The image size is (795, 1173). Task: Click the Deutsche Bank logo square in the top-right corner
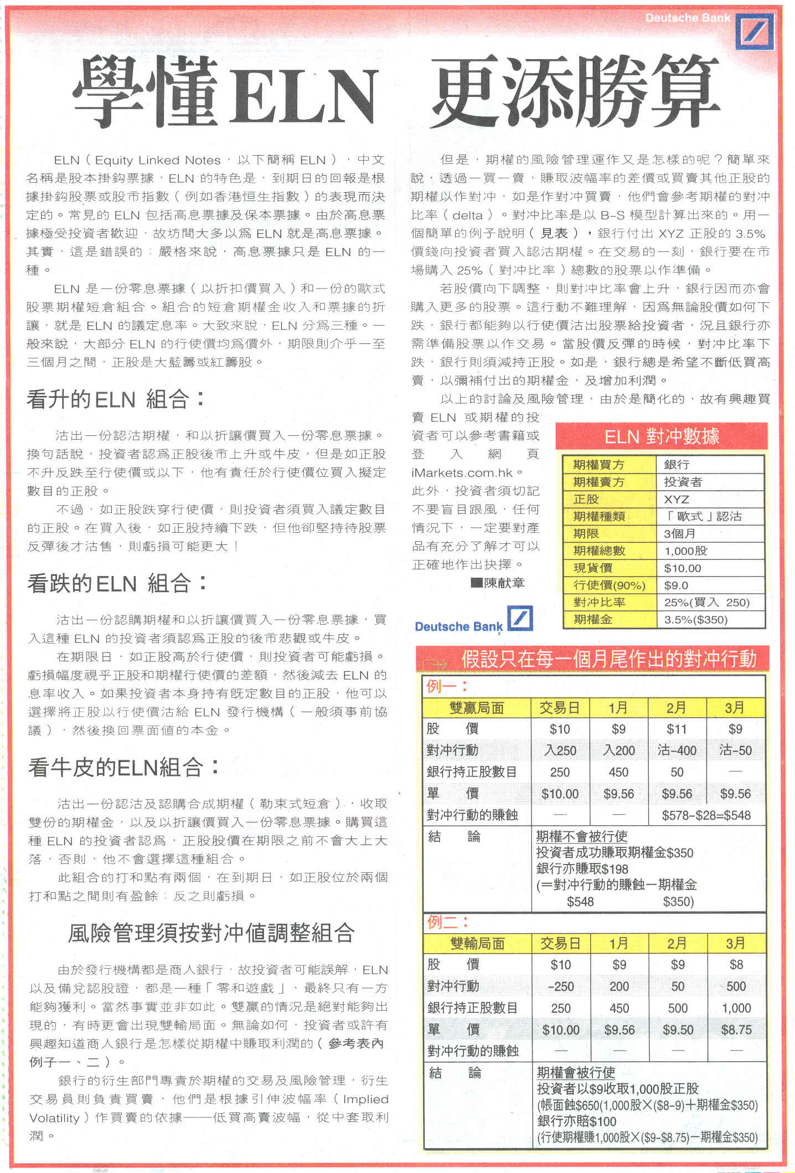tap(755, 32)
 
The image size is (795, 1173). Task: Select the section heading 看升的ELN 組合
tap(116, 399)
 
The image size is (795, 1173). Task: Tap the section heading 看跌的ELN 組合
tap(117, 583)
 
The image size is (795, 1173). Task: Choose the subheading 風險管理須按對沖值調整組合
tap(211, 933)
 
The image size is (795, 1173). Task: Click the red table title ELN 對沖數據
tap(662, 436)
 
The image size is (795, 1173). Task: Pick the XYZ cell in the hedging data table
tap(677, 499)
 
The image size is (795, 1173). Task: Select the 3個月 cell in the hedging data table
tap(679, 533)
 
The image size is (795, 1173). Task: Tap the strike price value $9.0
tap(676, 585)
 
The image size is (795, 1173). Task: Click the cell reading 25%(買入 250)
tap(706, 602)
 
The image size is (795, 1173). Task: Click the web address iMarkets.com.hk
tap(463, 472)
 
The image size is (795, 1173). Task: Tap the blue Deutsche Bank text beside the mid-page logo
tap(458, 626)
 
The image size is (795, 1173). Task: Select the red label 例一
tap(446, 686)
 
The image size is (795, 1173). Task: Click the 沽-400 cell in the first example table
tap(677, 750)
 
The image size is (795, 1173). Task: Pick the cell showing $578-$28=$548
tap(706, 815)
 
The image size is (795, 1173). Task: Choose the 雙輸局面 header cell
tap(477, 943)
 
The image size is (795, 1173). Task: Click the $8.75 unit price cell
tap(736, 1030)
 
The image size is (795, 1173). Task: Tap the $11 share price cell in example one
tap(677, 729)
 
